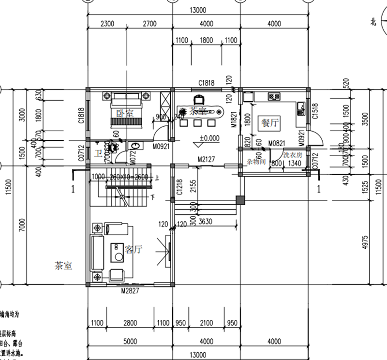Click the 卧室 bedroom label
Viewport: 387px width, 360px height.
click(x=125, y=113)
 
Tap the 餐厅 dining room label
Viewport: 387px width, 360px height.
click(x=270, y=123)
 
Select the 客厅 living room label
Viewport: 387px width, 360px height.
click(x=134, y=250)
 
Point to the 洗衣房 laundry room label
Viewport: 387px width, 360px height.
click(x=293, y=155)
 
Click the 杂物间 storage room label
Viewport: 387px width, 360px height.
click(x=255, y=161)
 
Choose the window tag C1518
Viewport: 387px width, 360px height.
click(x=315, y=111)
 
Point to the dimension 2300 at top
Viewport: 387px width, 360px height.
click(x=107, y=23)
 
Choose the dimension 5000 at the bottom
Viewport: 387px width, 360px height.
click(x=130, y=342)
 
